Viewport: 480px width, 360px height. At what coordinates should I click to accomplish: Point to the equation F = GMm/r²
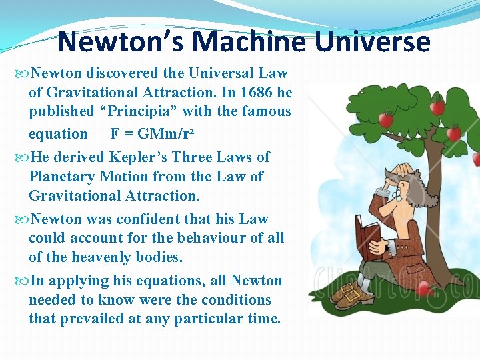pyautogui.click(x=152, y=133)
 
